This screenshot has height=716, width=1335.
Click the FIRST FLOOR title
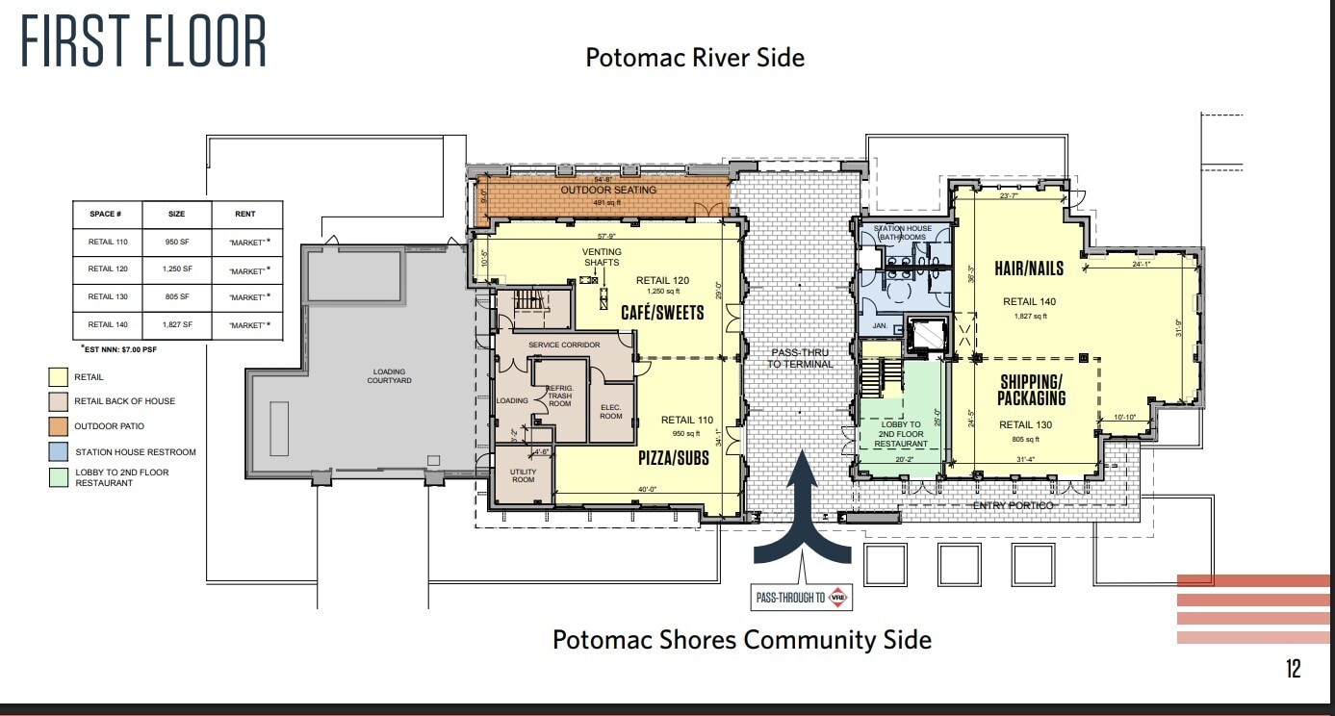tap(144, 41)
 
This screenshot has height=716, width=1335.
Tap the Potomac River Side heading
tap(694, 58)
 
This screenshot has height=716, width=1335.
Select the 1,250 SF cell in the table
tap(176, 269)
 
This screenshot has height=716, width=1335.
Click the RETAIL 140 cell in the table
tap(107, 325)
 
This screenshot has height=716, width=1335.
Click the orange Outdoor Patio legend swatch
tap(59, 426)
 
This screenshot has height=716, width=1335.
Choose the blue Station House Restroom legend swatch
tap(59, 451)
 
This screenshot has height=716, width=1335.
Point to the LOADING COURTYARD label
tap(389, 376)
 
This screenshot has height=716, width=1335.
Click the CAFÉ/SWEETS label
tap(661, 313)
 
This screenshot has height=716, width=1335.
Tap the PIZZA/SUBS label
tap(673, 458)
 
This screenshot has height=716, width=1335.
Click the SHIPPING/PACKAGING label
tap(1031, 390)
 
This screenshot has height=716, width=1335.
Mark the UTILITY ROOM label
tap(523, 474)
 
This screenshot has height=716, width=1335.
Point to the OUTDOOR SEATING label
tap(608, 191)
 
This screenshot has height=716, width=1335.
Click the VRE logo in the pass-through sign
tap(840, 597)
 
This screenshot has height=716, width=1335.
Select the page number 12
tap(1293, 669)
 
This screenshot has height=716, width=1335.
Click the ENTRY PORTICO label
tap(1012, 505)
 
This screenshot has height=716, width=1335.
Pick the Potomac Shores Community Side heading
tap(741, 640)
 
